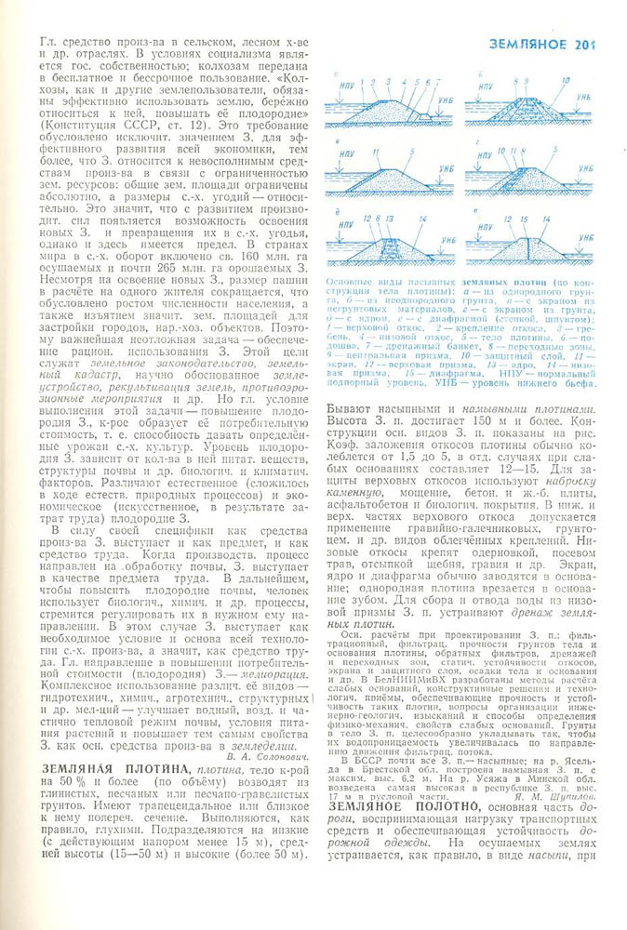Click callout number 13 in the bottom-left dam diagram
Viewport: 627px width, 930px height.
point(390,217)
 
